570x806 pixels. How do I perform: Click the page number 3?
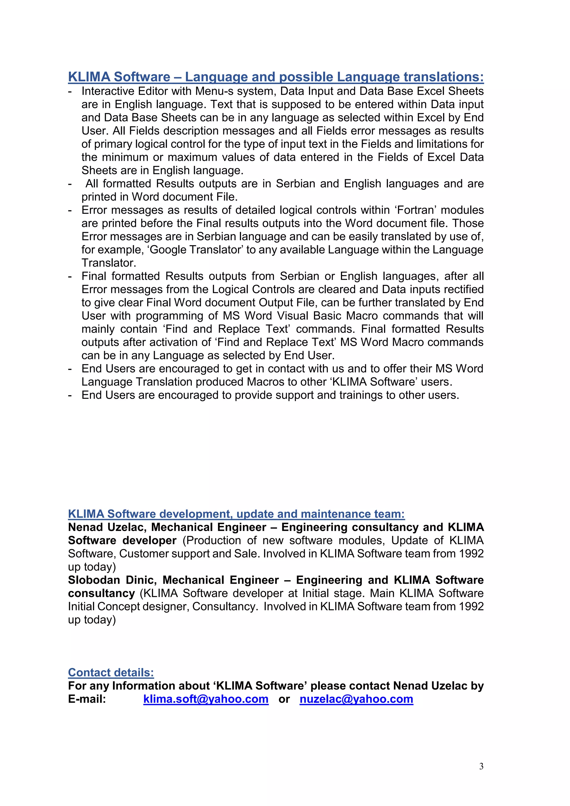pos(481,766)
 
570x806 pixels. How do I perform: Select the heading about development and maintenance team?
pos(236,514)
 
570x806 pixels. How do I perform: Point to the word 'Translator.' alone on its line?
pos(109,263)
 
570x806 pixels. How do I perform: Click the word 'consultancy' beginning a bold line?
pos(101,593)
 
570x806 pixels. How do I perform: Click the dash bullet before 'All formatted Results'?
pos(70,184)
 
